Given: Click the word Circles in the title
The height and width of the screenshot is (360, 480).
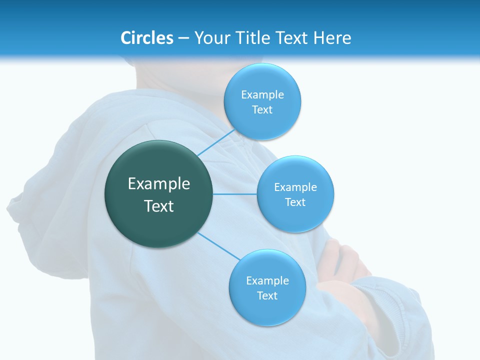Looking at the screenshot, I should click(x=147, y=38).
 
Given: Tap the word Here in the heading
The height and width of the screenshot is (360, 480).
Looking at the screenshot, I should click(x=332, y=38).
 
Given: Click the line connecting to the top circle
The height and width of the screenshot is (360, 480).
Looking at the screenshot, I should click(x=216, y=142).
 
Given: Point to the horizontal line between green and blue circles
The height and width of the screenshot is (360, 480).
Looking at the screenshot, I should click(x=234, y=194).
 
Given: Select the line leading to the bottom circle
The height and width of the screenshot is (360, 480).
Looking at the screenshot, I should click(x=219, y=246).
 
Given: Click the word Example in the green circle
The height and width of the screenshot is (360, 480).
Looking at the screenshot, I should click(x=159, y=184).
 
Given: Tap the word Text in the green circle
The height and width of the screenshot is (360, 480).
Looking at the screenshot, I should click(x=159, y=206).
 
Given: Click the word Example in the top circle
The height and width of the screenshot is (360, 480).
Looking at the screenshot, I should click(x=262, y=95).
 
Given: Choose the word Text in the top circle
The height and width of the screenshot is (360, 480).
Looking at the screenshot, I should click(x=262, y=110).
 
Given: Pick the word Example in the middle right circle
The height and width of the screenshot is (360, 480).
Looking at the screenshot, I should click(x=295, y=187).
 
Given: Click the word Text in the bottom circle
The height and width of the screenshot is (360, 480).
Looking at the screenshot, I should click(x=267, y=295).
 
